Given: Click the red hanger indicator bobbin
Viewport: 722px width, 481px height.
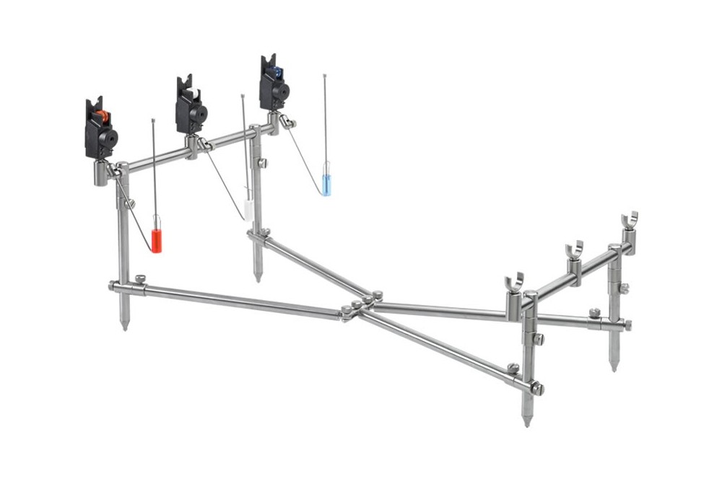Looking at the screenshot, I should pyautogui.click(x=157, y=240).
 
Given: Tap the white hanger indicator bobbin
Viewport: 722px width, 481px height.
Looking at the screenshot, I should pyautogui.click(x=248, y=210).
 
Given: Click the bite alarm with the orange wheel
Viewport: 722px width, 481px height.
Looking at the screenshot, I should pyautogui.click(x=100, y=131).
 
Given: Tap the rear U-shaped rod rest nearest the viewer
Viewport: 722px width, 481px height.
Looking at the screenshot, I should pyautogui.click(x=514, y=282).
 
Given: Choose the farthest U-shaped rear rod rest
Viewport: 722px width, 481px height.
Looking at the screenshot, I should pyautogui.click(x=630, y=220).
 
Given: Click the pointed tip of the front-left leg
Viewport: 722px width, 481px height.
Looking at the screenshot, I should pyautogui.click(x=125, y=327).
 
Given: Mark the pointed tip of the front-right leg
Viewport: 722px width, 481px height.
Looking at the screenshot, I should pyautogui.click(x=258, y=278).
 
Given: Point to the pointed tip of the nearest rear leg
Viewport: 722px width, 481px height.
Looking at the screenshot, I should pyautogui.click(x=526, y=422).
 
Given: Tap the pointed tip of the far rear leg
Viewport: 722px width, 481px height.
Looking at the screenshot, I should pyautogui.click(x=614, y=368).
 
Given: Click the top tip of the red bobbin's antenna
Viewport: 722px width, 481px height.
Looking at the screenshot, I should pyautogui.click(x=154, y=120).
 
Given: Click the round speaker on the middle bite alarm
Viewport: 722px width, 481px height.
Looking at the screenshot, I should pyautogui.click(x=196, y=112).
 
